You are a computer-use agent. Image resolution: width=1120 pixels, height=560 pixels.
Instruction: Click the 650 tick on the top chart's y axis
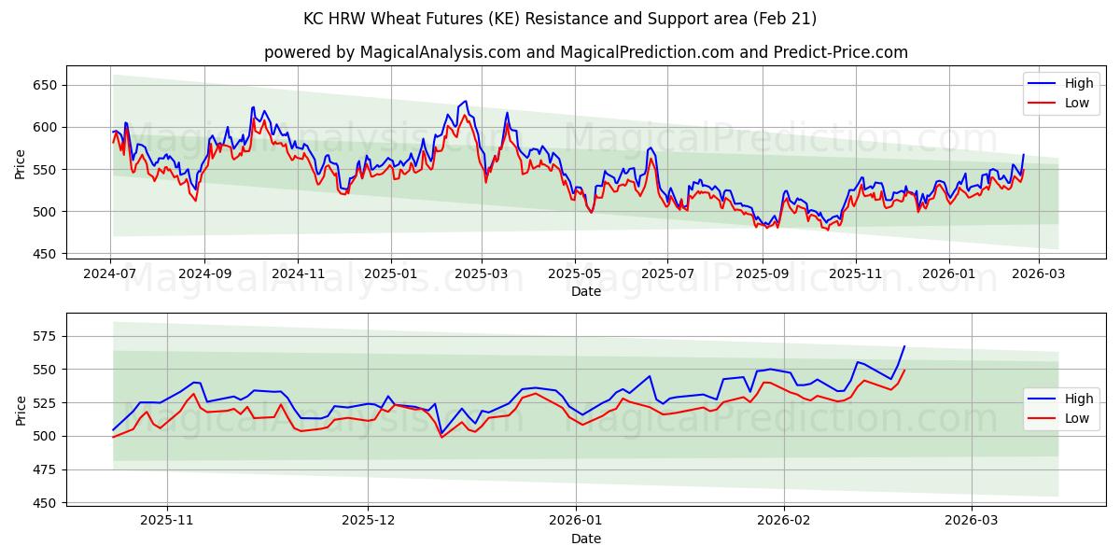[46, 85]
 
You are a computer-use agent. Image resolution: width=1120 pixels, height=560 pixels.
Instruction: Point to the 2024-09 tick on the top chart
[204, 274]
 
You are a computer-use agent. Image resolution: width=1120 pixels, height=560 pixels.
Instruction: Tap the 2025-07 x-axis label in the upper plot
[667, 274]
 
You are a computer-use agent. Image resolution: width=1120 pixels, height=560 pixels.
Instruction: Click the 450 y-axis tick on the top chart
[46, 254]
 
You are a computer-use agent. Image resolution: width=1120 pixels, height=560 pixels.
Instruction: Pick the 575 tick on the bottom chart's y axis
[46, 336]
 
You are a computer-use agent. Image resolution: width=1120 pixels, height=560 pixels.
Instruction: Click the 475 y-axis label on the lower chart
[46, 469]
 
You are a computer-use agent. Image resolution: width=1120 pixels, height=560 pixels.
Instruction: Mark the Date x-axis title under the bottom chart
[585, 539]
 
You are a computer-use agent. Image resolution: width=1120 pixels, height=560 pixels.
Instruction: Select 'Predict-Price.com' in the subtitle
[841, 52]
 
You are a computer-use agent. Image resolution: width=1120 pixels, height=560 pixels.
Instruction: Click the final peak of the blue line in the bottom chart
[903, 346]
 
